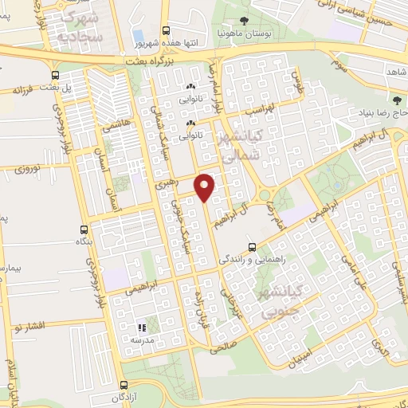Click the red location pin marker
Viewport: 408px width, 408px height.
(205, 186)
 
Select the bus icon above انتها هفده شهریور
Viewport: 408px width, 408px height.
(166, 28)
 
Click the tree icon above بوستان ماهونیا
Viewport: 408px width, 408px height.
(243, 22)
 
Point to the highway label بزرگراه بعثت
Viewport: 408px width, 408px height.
(147, 61)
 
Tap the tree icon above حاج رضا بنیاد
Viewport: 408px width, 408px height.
(397, 100)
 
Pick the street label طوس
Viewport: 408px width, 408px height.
(298, 81)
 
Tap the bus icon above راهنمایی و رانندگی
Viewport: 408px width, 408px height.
(253, 247)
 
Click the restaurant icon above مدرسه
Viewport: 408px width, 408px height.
(141, 328)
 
